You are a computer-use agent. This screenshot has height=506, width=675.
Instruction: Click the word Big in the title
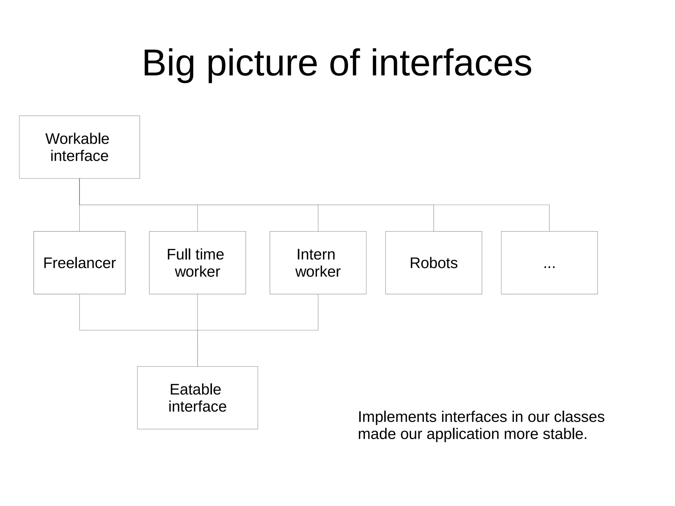click(x=168, y=63)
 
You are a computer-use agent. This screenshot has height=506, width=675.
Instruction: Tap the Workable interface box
click(x=79, y=147)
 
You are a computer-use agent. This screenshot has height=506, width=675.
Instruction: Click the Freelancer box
click(x=79, y=263)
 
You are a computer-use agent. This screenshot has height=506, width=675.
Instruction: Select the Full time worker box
click(x=197, y=263)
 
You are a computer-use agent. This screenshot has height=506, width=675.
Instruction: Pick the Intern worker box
click(x=318, y=263)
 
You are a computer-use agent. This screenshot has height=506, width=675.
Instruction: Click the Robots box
click(x=433, y=263)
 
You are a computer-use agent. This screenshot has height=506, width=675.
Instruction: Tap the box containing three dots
click(x=549, y=263)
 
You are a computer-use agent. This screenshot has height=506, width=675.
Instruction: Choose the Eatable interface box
click(x=197, y=398)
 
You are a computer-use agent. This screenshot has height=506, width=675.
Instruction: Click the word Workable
click(x=77, y=139)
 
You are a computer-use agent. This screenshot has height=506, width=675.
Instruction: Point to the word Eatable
click(x=195, y=389)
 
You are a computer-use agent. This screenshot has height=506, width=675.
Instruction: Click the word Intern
click(x=316, y=254)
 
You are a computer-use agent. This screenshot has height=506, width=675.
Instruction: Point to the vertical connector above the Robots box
click(x=433, y=218)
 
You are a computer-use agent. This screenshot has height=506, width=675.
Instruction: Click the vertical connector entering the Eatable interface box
click(x=197, y=348)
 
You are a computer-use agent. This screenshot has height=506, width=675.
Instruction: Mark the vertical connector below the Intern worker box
click(x=318, y=312)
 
